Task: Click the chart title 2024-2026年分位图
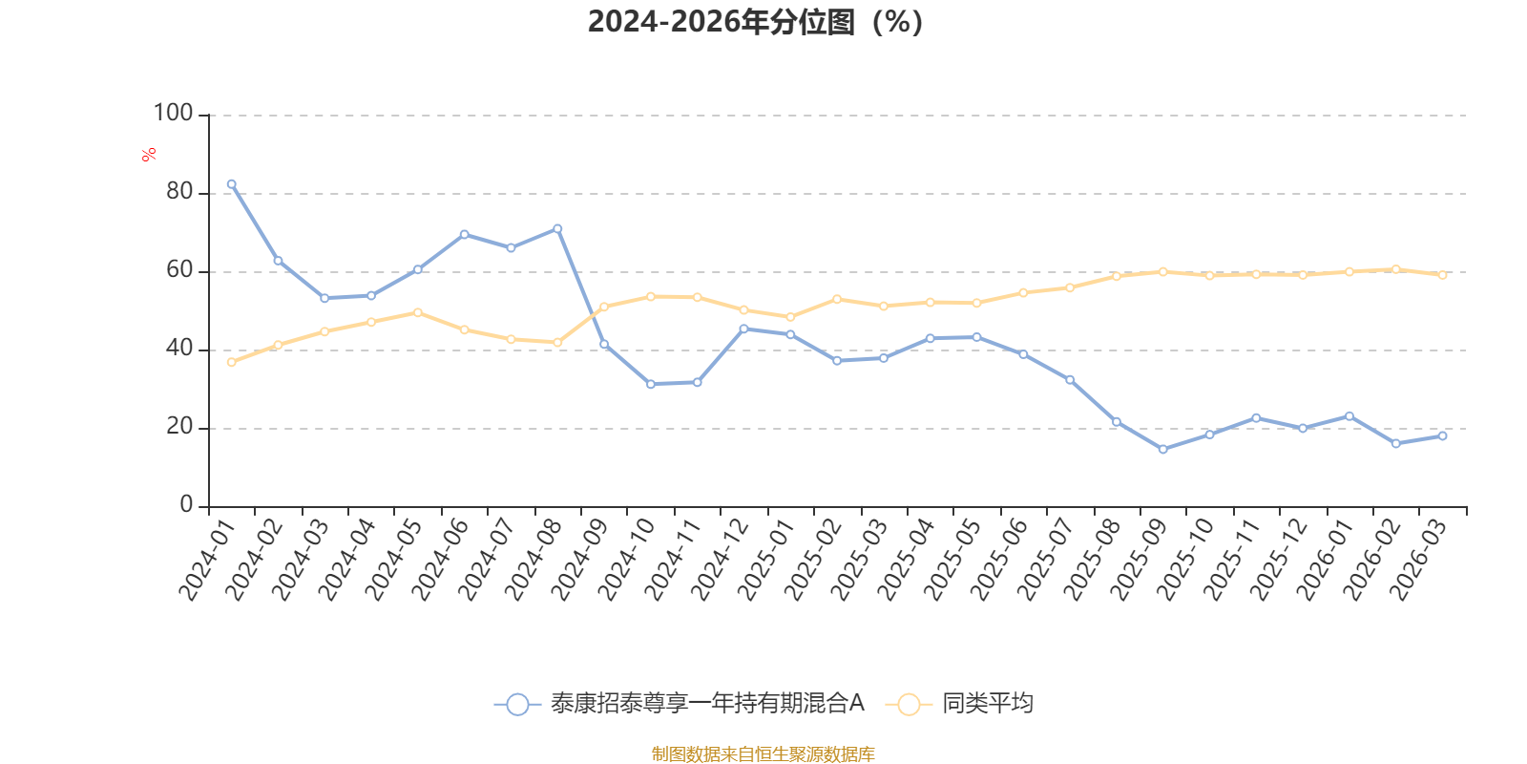tap(755, 22)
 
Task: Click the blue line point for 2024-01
tap(231, 183)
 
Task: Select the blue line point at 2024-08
tap(557, 228)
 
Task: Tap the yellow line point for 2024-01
tap(231, 362)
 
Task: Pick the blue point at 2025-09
tap(1162, 449)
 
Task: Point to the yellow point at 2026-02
tap(1395, 269)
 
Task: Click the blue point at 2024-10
tap(651, 384)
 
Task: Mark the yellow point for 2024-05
tap(417, 312)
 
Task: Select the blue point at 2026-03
tap(1442, 435)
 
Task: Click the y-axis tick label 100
tap(173, 114)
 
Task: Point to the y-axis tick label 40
tap(179, 349)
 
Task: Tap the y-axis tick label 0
tap(186, 505)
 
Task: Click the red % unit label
tap(149, 155)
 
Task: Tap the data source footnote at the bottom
tap(763, 754)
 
